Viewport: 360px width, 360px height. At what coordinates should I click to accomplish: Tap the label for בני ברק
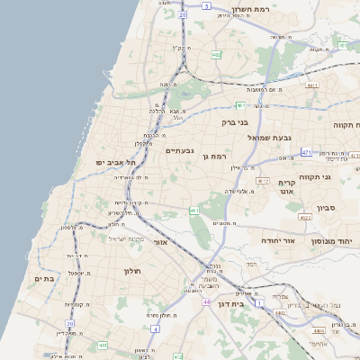235,121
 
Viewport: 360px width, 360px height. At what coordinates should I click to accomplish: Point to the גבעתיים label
181,151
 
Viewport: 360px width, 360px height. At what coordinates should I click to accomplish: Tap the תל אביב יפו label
115,162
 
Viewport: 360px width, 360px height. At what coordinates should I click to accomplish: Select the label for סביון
327,208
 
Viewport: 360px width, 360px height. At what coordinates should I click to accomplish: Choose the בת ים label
45,279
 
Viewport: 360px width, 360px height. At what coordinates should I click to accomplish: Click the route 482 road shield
216,55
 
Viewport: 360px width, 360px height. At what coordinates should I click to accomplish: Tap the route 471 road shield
306,154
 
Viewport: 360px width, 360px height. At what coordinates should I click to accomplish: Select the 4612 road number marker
263,181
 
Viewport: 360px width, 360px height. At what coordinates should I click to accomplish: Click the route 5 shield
206,6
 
